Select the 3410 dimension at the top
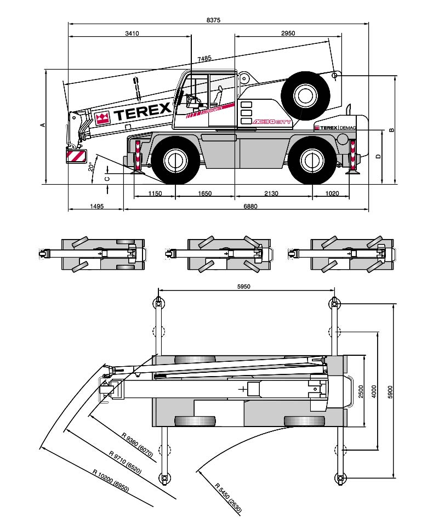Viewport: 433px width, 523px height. coord(132,33)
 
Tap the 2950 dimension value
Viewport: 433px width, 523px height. coord(288,33)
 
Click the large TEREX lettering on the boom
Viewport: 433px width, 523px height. coord(143,113)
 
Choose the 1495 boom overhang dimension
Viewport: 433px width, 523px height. coord(96,207)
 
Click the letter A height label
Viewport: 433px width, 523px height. coord(43,125)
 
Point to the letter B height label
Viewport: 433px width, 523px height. coord(391,130)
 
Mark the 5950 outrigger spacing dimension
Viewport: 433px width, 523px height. coord(244,286)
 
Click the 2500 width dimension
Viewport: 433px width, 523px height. coord(361,391)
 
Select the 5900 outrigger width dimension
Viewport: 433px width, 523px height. coord(390,391)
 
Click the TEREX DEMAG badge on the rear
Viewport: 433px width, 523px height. coord(334,127)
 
